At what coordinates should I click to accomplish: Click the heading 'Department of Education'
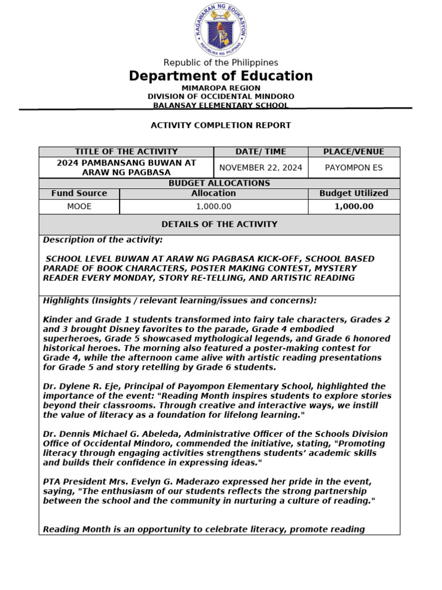tap(220, 76)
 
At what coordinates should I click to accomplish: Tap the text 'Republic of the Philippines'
tap(220, 62)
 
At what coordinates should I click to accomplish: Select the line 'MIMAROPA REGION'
tap(220, 88)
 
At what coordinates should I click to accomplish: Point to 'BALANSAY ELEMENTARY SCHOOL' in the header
tap(220, 105)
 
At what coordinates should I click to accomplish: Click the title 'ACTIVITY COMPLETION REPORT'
tap(220, 125)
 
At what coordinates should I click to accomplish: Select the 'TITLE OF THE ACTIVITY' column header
tap(126, 152)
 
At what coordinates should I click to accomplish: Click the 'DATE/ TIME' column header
tap(261, 152)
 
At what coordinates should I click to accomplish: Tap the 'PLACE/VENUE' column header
tap(353, 152)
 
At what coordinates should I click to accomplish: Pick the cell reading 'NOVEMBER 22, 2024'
tap(261, 168)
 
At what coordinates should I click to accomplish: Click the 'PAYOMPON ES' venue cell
tap(353, 168)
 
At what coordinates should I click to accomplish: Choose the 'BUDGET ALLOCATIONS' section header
tap(219, 183)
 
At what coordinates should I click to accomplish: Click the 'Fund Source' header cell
tap(79, 194)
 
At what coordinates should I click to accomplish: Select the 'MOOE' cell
tap(79, 206)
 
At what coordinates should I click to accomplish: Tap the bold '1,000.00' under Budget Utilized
tap(353, 206)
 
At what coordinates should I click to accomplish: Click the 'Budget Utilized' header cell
tap(353, 194)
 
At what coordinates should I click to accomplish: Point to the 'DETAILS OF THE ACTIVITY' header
tap(219, 224)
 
